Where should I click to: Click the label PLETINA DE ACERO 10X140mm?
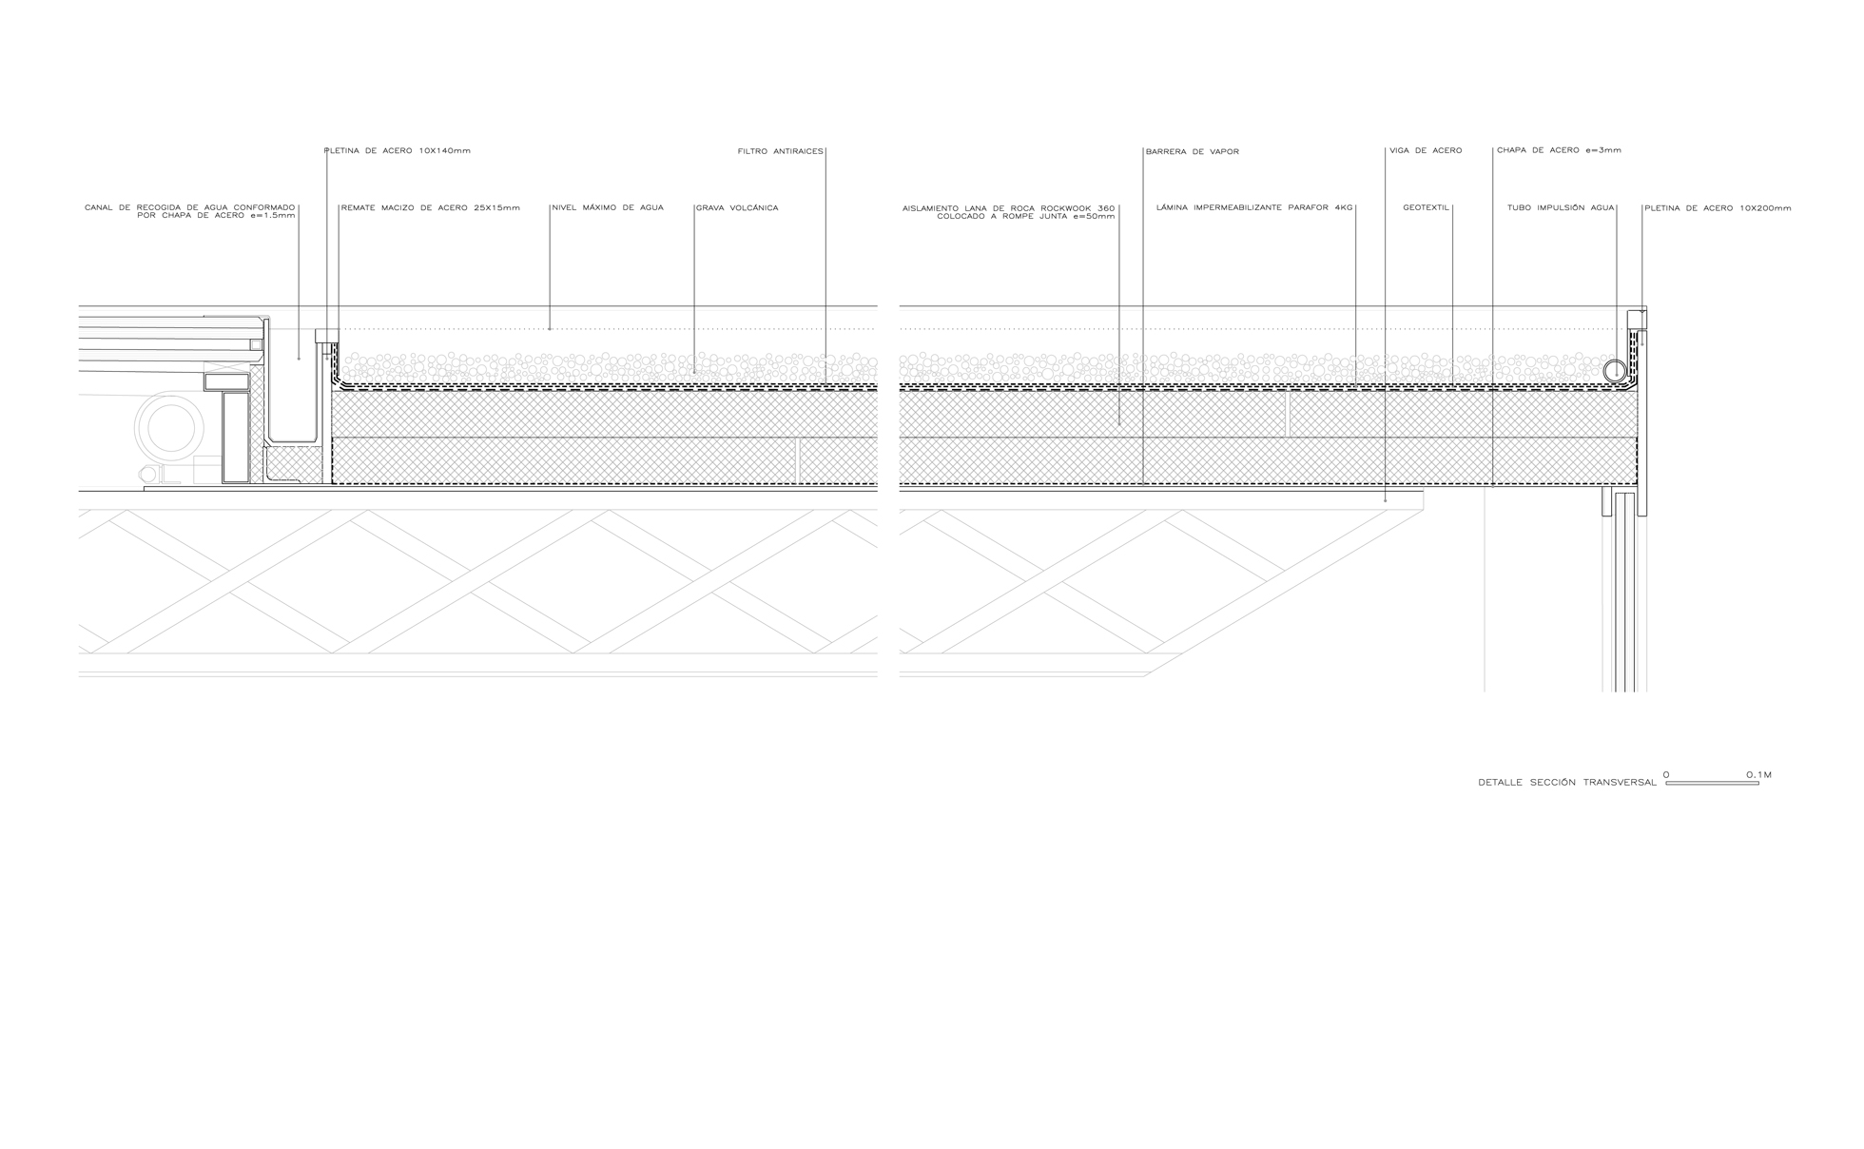click(x=398, y=151)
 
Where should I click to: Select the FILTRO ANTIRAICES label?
click(x=780, y=151)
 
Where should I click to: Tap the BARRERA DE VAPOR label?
click(x=1193, y=152)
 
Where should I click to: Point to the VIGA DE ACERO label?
click(x=1426, y=151)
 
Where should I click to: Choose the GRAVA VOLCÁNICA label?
click(x=737, y=208)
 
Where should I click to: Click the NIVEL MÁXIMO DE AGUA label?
click(x=608, y=207)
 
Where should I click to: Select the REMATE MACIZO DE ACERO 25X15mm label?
click(x=431, y=207)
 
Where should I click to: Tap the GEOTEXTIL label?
click(x=1426, y=207)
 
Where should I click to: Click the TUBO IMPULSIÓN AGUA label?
click(x=1561, y=207)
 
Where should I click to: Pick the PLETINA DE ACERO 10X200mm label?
click(x=1718, y=208)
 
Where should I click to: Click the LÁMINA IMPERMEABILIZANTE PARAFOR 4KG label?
click(x=1253, y=207)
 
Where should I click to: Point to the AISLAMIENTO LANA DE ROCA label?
click(x=1008, y=212)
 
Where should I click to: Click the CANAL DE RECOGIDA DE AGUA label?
click(x=190, y=212)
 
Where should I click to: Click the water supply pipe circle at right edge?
click(x=1615, y=371)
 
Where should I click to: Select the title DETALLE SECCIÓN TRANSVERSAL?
click(x=1567, y=783)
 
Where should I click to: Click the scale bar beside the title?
click(x=1712, y=783)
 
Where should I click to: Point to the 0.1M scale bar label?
click(x=1758, y=775)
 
